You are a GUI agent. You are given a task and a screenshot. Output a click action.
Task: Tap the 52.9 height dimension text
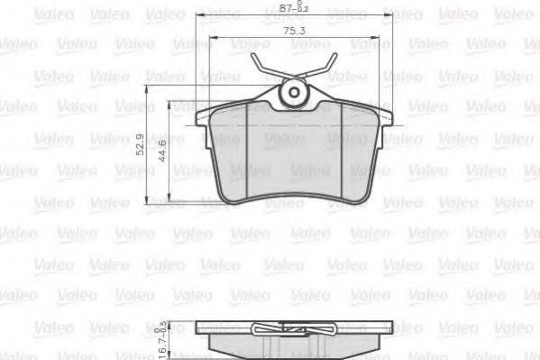click(141, 143)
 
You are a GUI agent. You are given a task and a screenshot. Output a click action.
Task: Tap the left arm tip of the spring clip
click(253, 58)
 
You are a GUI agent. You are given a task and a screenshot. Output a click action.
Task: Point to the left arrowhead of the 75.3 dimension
click(211, 38)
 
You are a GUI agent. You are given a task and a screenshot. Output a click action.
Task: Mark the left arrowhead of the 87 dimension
click(198, 17)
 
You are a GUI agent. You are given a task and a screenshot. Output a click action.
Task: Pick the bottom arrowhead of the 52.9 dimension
click(149, 203)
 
